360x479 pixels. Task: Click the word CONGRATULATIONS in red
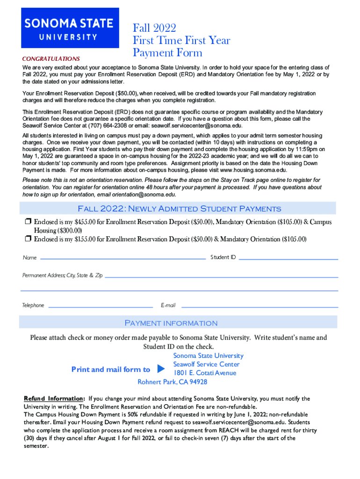click(x=51, y=59)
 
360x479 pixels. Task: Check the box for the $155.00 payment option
click(x=28, y=239)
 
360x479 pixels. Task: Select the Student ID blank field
click(x=288, y=258)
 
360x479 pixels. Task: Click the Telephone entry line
click(x=101, y=307)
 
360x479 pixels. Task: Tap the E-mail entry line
click(x=259, y=307)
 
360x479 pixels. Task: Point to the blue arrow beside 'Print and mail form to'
click(x=161, y=369)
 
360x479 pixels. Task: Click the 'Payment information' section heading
click(x=171, y=323)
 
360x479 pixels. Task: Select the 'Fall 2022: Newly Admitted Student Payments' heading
click(x=179, y=209)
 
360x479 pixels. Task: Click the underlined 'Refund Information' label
click(x=54, y=399)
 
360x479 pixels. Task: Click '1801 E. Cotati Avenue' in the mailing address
click(x=205, y=373)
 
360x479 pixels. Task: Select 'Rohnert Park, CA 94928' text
click(x=172, y=382)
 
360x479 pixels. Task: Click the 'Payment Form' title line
click(x=167, y=52)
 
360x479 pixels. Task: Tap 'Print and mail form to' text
click(x=111, y=370)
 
